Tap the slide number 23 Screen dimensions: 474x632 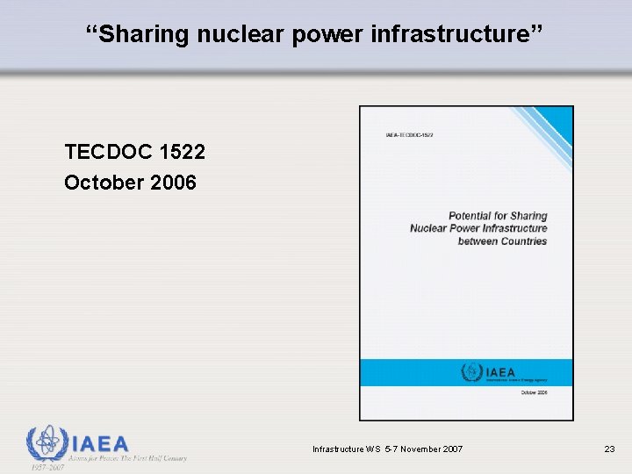[609, 449]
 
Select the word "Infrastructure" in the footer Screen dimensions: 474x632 [338, 449]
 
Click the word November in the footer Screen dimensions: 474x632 [415, 449]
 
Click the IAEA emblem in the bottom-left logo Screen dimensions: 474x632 [46, 444]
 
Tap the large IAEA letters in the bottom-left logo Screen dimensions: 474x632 [99, 444]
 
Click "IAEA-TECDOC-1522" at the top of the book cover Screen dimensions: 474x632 [409, 135]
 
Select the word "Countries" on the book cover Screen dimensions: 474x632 [524, 241]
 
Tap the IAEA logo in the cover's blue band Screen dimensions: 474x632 [491, 372]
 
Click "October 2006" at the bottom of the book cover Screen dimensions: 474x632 [534, 393]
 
